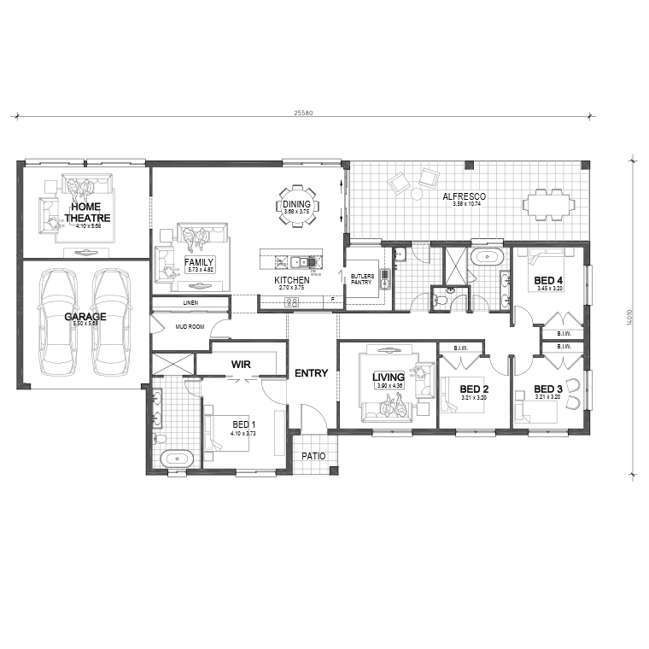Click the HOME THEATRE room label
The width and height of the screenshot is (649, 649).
(87, 212)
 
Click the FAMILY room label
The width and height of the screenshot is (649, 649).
(200, 262)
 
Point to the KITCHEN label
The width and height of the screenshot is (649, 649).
(291, 280)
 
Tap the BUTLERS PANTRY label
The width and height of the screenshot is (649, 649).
(361, 278)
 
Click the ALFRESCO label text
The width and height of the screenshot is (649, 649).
(464, 197)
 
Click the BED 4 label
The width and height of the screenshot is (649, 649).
(548, 280)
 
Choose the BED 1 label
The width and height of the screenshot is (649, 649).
(243, 424)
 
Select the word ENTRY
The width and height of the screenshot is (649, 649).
(311, 373)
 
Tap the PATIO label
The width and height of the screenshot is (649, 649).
(313, 456)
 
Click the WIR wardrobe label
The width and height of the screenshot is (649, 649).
(240, 364)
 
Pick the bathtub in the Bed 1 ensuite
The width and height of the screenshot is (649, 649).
(178, 459)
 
